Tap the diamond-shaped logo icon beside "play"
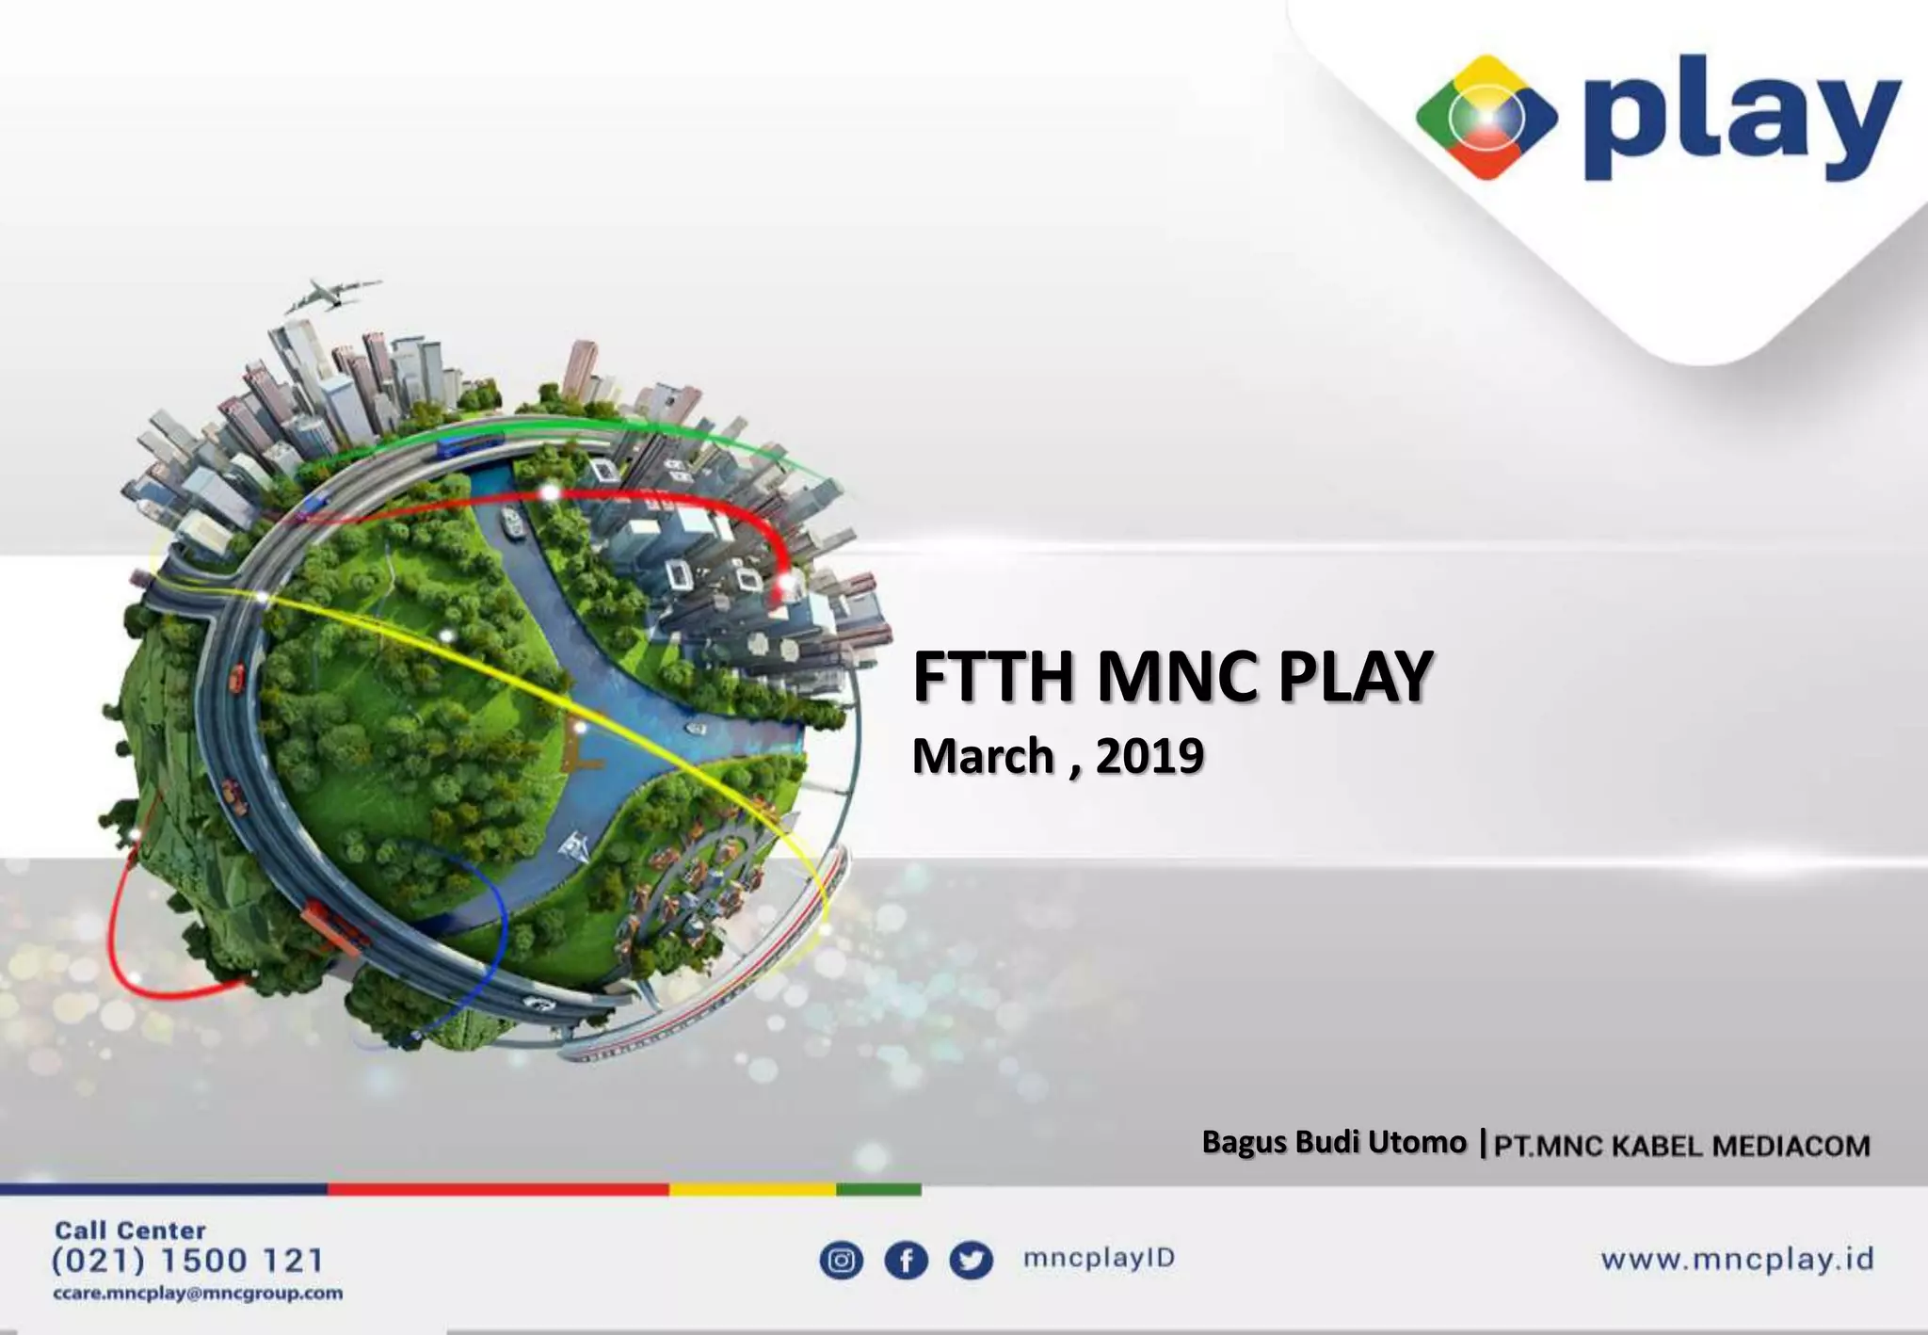(x=1486, y=118)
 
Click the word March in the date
(x=983, y=756)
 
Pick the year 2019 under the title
(x=1149, y=756)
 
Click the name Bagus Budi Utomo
(x=1334, y=1142)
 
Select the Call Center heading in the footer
(x=130, y=1230)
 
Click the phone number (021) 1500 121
(x=187, y=1260)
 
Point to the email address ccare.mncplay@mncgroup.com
(x=198, y=1294)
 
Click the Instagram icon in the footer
(x=842, y=1261)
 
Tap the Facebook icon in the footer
(x=906, y=1261)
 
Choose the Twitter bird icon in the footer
(x=971, y=1261)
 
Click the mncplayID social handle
(x=1099, y=1259)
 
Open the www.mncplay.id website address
(x=1737, y=1260)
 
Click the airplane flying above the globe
(x=329, y=294)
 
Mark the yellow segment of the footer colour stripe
(x=752, y=1190)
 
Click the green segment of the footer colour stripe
(x=878, y=1190)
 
